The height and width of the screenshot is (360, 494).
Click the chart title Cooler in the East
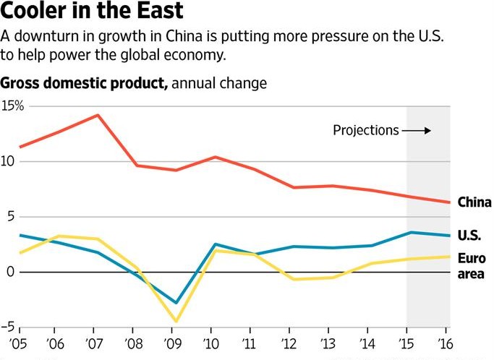[91, 12]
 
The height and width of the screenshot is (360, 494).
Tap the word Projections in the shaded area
[365, 131]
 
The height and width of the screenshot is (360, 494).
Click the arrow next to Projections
[417, 131]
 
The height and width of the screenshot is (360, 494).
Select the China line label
[474, 203]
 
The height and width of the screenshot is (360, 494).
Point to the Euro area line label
[472, 266]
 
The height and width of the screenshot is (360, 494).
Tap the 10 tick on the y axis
[9, 161]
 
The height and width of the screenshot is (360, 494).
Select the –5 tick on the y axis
[9, 327]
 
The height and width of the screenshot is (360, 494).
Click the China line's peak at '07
[97, 115]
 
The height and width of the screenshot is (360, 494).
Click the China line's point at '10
[215, 157]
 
